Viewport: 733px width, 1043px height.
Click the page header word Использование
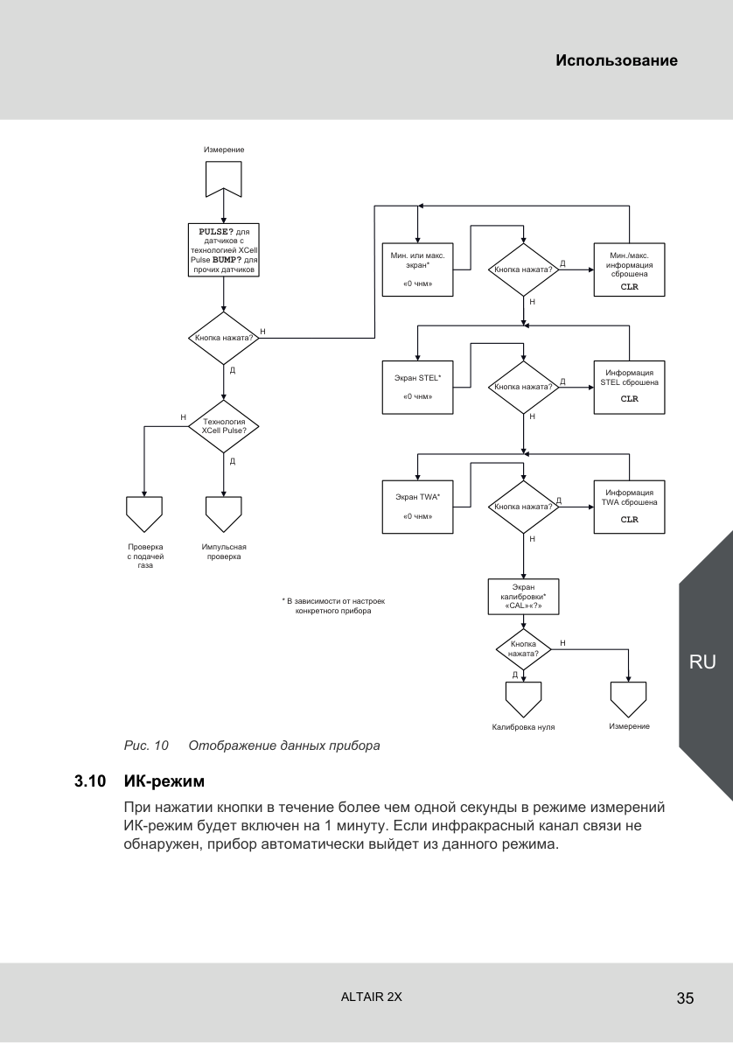tap(617, 60)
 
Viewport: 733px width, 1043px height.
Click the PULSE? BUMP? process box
tap(224, 250)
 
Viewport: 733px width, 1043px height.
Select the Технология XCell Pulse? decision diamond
tap(224, 426)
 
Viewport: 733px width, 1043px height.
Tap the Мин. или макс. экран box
tap(418, 269)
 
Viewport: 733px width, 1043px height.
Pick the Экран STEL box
tap(418, 387)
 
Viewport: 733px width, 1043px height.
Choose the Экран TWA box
tap(418, 507)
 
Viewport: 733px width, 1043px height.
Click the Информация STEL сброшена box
tap(629, 387)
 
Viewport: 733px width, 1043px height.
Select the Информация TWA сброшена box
tap(629, 507)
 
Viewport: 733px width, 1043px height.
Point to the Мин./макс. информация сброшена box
tap(629, 269)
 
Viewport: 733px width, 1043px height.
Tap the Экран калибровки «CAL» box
tap(523, 597)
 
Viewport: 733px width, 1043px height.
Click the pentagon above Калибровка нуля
tap(523, 700)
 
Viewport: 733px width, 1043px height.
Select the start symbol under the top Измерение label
tap(224, 178)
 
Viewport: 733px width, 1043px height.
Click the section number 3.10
tap(90, 780)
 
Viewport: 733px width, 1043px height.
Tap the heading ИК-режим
tap(164, 780)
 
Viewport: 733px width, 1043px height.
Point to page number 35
tap(685, 997)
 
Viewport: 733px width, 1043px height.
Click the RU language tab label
tap(702, 661)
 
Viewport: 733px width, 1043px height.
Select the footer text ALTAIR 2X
tap(371, 997)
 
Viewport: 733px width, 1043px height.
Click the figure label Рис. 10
tap(146, 745)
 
